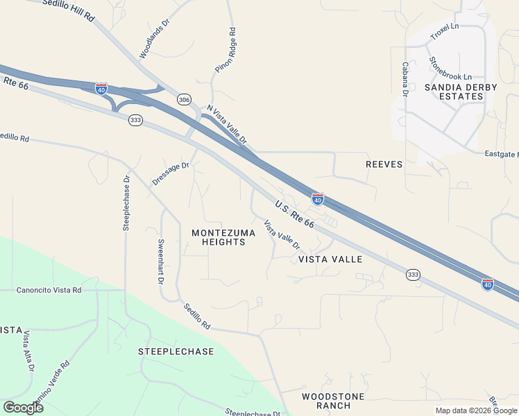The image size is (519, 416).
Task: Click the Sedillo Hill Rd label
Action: (x=68, y=9)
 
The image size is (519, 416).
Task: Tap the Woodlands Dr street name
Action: (x=154, y=38)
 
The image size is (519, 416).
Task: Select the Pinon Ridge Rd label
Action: (x=226, y=51)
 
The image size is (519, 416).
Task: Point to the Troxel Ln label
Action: (x=445, y=31)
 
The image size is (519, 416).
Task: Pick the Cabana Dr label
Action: (x=404, y=79)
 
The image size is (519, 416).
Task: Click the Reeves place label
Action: (x=384, y=164)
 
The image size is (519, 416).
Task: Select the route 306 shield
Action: (x=184, y=99)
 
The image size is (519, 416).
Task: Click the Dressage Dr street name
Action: (x=171, y=174)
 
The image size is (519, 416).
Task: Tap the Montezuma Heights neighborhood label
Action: (x=223, y=237)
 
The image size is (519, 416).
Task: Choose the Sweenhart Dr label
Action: (x=160, y=263)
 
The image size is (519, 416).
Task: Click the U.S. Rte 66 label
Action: (x=295, y=215)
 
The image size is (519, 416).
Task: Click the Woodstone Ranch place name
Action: (x=333, y=401)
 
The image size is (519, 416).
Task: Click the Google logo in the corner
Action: (x=23, y=408)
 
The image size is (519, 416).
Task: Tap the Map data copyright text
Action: (x=476, y=410)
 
